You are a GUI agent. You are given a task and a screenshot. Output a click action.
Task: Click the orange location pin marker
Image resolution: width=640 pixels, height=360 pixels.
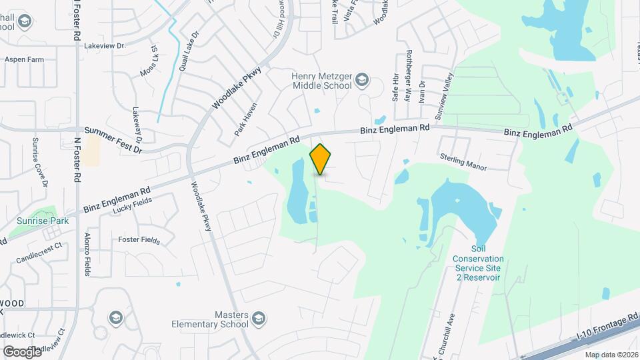pos(321,159)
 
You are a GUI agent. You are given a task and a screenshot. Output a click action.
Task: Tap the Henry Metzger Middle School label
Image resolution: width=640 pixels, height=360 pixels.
pos(321,81)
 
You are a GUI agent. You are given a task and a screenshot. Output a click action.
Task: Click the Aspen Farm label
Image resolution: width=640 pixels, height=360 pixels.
pos(24,59)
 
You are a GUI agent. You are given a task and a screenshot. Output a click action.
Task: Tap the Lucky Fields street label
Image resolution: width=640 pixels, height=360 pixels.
pos(133,207)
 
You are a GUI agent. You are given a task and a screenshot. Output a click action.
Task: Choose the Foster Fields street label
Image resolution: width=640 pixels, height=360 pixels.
pos(139,239)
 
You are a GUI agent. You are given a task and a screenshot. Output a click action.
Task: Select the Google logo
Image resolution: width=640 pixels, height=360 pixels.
pos(22,351)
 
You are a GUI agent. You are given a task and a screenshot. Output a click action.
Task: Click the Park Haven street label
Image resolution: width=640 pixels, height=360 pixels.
pos(246,119)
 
